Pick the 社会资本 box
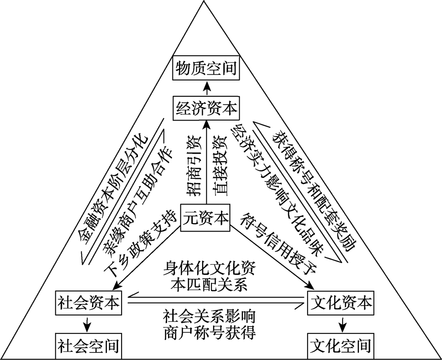pos(88,303)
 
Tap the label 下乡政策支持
pos(137,245)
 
